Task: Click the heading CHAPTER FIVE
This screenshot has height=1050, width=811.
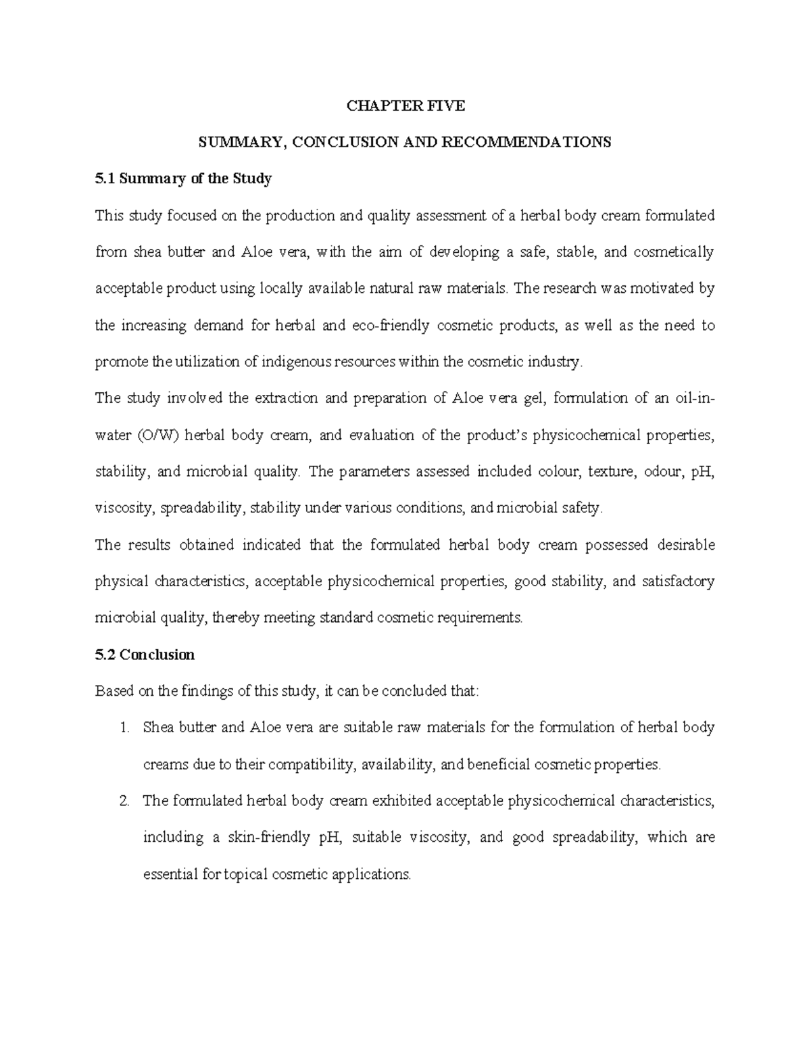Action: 405,105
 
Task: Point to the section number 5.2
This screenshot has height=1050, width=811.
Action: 106,654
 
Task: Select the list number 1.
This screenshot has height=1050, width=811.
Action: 123,728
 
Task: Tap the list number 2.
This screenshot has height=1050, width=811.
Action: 123,801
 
